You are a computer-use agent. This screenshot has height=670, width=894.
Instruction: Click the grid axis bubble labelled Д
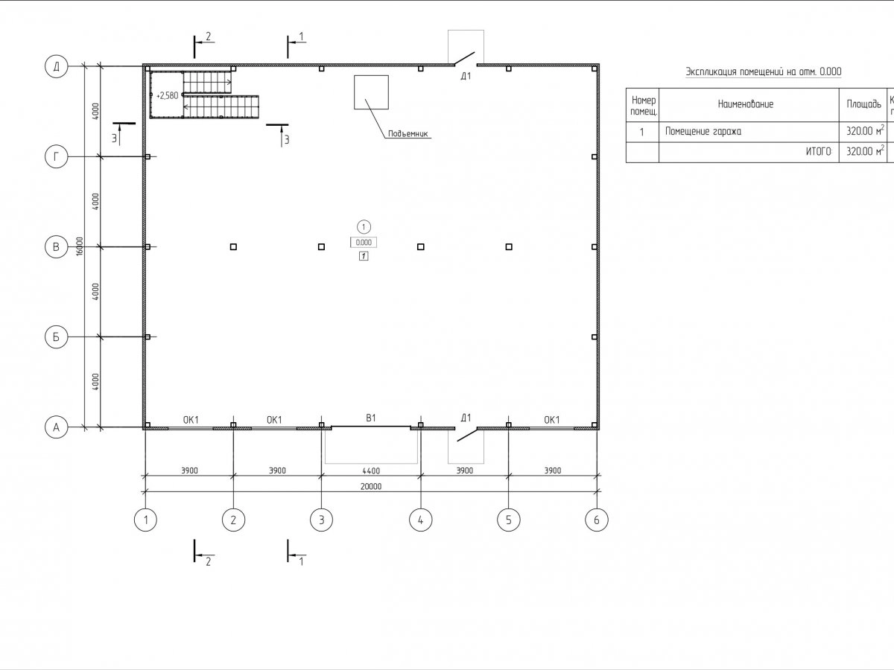coord(56,67)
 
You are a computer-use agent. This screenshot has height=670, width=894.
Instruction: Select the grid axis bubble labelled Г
coord(56,156)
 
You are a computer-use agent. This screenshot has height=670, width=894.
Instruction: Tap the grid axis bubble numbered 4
coord(420,520)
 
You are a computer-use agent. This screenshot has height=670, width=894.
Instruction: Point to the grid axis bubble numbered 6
coord(596,520)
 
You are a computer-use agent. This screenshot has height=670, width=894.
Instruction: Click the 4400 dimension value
coord(370,470)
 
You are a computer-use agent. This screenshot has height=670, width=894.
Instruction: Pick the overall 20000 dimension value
coord(370,486)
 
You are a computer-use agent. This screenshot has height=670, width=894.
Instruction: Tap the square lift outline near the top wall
coord(370,92)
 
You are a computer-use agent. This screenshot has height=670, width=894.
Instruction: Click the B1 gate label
coord(370,419)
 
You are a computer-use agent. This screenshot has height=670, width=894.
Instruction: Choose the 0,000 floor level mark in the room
coord(364,242)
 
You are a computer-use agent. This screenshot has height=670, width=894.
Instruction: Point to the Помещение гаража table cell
coord(703,132)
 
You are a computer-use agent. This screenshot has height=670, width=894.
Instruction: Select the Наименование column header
coord(746,104)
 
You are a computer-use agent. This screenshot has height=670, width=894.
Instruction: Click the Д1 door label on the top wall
coord(466,76)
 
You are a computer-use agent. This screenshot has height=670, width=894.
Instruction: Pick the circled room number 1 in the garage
coord(364,226)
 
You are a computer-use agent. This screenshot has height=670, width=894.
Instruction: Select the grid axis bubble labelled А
coord(56,427)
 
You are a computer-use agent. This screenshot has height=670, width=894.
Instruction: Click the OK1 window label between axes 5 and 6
coord(552,420)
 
